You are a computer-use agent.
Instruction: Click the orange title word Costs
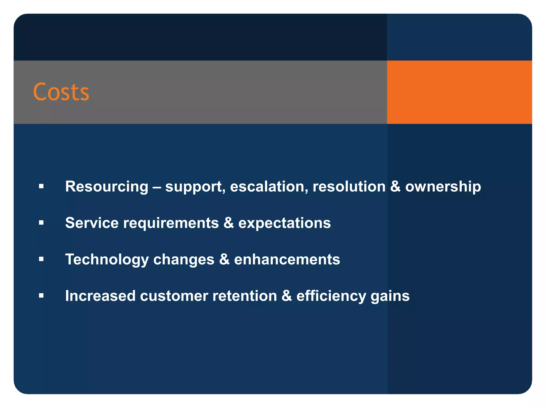[x=61, y=92]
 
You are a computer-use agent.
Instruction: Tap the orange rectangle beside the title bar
[x=459, y=92]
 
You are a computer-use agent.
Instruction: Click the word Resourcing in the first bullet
[x=107, y=186]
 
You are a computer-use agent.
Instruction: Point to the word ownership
[x=443, y=186]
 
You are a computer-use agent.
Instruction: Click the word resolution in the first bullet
[x=349, y=186]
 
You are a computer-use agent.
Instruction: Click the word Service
[x=92, y=223]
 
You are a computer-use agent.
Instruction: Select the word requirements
[x=171, y=223]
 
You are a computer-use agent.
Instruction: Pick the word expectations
[x=284, y=223]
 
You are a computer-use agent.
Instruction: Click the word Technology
[x=107, y=260]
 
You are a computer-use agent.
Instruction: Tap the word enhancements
[x=287, y=259]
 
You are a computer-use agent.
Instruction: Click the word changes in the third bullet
[x=184, y=260]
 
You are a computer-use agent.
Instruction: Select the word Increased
[x=100, y=296]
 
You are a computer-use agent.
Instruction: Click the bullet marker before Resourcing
[x=41, y=186]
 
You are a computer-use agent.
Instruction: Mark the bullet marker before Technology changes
[x=41, y=259]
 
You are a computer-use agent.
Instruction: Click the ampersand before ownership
[x=395, y=186]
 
